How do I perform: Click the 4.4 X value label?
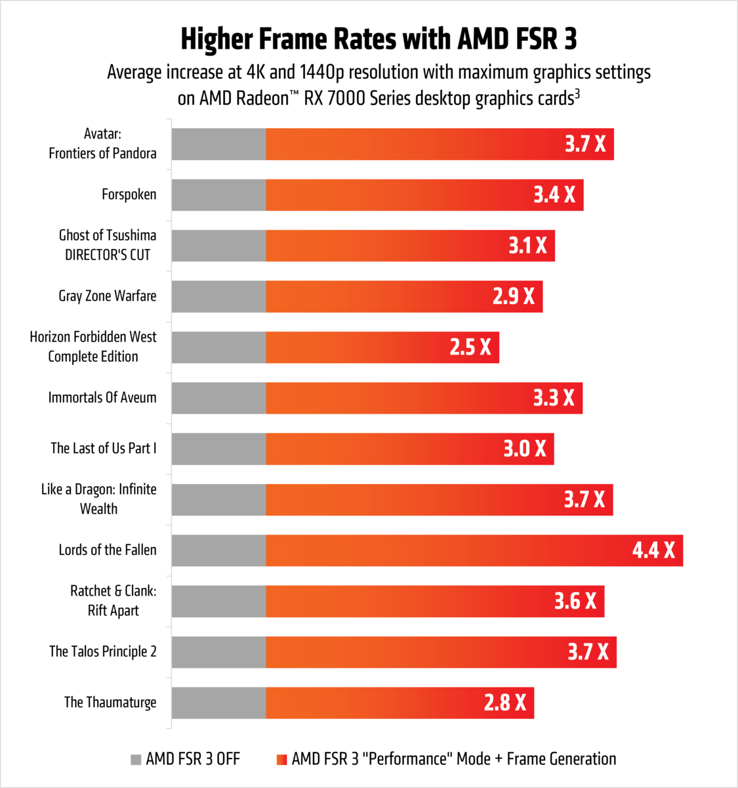(653, 550)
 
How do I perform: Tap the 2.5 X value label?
(470, 347)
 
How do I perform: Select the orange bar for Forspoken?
(394, 195)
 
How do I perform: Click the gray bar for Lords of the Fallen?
(218, 550)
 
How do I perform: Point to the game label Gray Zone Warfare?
(108, 296)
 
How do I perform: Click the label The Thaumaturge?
(110, 703)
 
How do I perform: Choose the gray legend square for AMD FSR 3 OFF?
(136, 760)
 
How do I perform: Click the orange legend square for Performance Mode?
(282, 760)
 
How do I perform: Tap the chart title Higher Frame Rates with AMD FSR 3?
(379, 39)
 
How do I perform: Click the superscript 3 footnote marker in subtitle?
(577, 94)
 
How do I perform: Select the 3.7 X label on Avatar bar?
(585, 144)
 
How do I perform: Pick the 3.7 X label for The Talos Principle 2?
(588, 652)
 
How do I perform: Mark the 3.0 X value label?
(525, 449)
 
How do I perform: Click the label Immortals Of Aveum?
(102, 398)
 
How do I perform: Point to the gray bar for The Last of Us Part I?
(218, 449)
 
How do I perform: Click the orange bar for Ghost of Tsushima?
(380, 246)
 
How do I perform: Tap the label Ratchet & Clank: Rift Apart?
(113, 601)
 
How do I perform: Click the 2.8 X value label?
(505, 703)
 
